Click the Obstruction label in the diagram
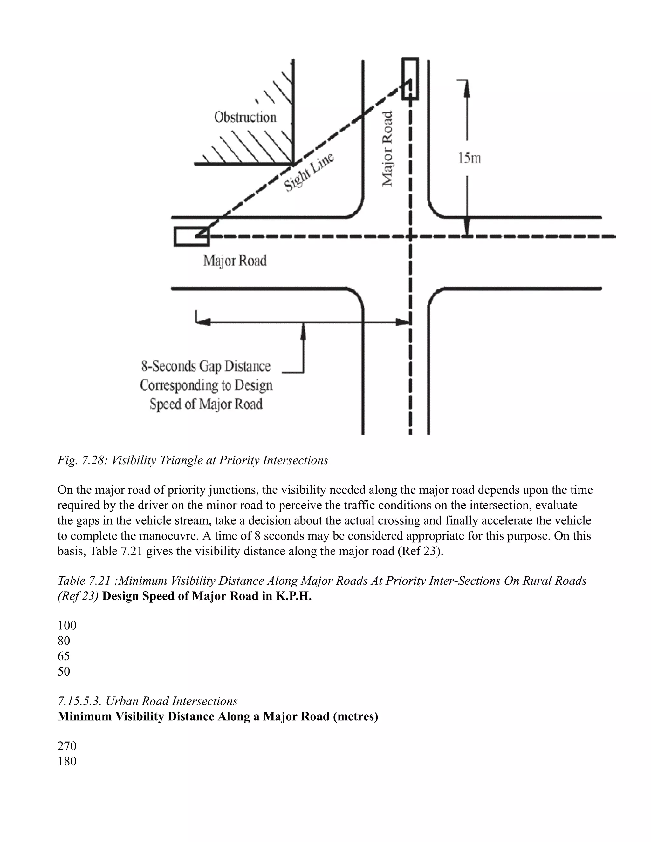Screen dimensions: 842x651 [x=245, y=117]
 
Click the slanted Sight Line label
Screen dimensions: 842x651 [x=309, y=172]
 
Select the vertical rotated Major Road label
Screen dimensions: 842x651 [x=387, y=148]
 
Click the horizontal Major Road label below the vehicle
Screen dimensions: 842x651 [x=235, y=261]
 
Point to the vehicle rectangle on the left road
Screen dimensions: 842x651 [x=191, y=236]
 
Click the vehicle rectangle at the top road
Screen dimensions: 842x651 [x=410, y=79]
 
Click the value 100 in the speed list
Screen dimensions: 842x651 [x=67, y=625]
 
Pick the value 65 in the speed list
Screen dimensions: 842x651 [x=64, y=656]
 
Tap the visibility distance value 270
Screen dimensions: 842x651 [x=67, y=746]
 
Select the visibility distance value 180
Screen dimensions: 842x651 [x=67, y=761]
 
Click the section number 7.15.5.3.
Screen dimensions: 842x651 [x=79, y=701]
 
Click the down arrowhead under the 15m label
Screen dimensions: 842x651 [x=467, y=227]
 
